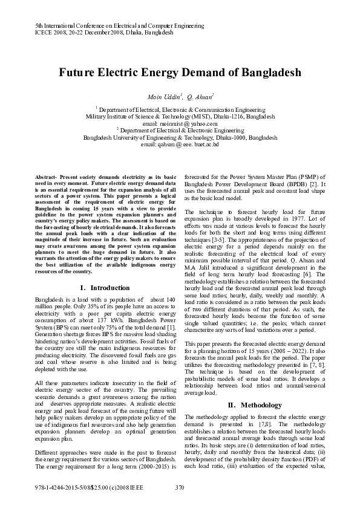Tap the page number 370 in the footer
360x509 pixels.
tap(180, 487)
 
